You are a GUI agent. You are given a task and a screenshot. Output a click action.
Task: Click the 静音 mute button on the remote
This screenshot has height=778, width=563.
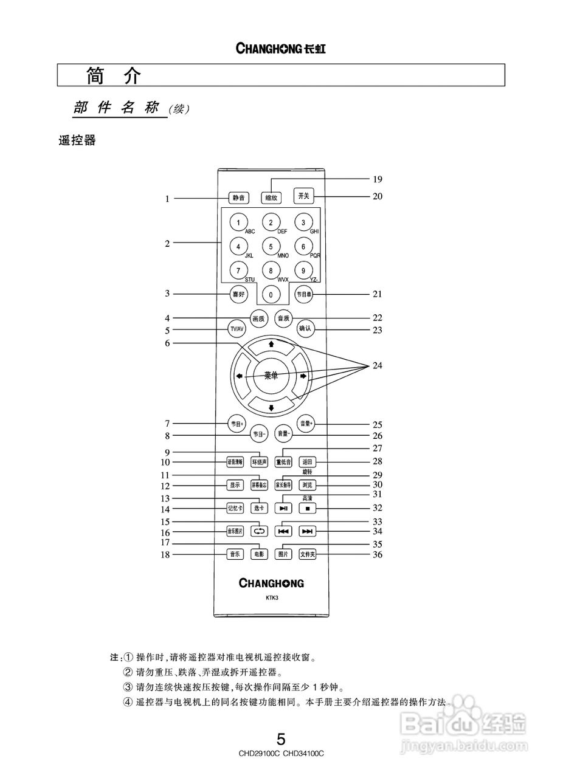click(238, 198)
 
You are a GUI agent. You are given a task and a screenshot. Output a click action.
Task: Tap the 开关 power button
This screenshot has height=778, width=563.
click(303, 196)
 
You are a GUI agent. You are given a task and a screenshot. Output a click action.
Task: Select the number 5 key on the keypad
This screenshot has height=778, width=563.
click(271, 247)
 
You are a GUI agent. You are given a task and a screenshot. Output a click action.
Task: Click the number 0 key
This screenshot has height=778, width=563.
click(271, 295)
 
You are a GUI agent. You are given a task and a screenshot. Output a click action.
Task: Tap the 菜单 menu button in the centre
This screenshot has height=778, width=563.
click(271, 376)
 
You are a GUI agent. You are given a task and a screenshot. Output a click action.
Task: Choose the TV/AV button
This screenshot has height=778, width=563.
click(236, 329)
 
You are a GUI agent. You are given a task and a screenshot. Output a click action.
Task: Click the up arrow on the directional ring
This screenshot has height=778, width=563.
click(271, 343)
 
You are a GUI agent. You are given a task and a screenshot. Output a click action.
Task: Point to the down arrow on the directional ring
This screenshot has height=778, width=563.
click(271, 407)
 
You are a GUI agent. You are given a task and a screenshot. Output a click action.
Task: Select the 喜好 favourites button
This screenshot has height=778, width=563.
click(238, 294)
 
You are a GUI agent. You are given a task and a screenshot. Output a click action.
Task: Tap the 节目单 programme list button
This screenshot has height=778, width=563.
click(303, 294)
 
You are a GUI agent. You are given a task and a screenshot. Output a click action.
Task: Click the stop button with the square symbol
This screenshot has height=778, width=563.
click(308, 508)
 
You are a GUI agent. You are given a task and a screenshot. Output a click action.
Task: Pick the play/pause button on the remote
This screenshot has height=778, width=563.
click(283, 508)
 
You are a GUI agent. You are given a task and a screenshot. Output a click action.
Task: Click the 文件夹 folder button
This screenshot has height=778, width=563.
click(308, 554)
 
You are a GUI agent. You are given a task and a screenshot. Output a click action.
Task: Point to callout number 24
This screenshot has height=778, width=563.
click(378, 365)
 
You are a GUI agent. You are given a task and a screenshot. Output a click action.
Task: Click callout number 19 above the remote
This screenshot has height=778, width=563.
click(378, 179)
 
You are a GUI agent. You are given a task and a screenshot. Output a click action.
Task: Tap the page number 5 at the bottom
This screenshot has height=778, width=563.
click(281, 739)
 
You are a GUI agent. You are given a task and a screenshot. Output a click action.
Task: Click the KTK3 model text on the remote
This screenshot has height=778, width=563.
click(271, 598)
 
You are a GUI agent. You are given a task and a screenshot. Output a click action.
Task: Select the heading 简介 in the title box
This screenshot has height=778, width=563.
click(114, 75)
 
